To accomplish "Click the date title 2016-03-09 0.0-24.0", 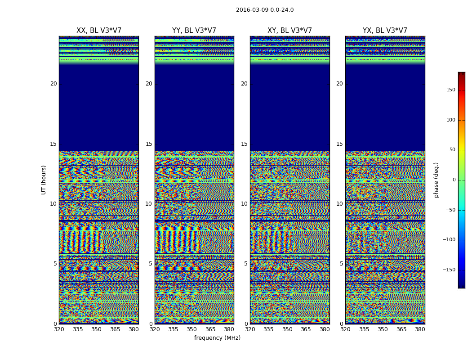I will coord(265,10).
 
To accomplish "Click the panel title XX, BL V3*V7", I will coord(99,31).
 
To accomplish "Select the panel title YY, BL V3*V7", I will coord(194,31).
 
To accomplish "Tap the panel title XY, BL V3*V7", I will coord(289,31).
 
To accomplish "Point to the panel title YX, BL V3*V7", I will coord(385,31).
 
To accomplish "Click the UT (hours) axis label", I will coord(44,180).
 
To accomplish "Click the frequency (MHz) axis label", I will coord(217,338).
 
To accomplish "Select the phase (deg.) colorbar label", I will coord(436,180).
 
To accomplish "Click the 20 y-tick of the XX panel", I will coord(53,84).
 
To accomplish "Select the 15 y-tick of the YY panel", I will coord(149,144).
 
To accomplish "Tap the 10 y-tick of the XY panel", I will coord(244,204).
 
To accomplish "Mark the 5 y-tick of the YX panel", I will coord(341,264).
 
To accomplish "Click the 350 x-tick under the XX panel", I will coord(96,329).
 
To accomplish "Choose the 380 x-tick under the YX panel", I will coord(420,329).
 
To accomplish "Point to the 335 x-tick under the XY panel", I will coord(268,329).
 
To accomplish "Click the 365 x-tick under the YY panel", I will coord(210,329).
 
